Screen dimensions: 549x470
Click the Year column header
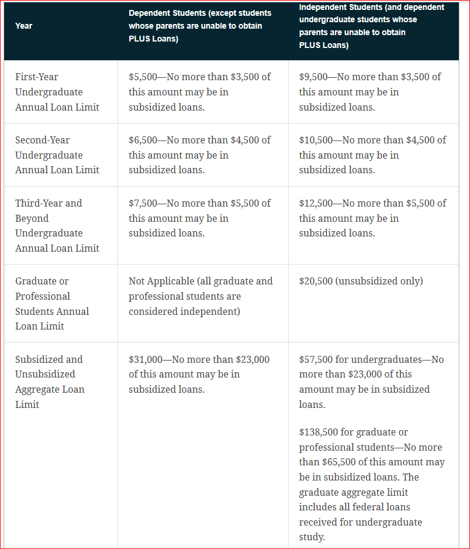pos(24,26)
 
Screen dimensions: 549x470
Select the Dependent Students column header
pos(200,26)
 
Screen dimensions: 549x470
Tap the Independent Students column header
pos(371,26)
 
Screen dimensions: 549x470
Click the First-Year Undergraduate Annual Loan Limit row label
pos(57,92)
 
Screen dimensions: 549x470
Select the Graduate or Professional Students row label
pos(52,303)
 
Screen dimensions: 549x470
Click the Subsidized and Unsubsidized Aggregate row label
pos(50,382)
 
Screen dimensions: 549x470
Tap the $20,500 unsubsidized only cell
pos(361,281)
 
